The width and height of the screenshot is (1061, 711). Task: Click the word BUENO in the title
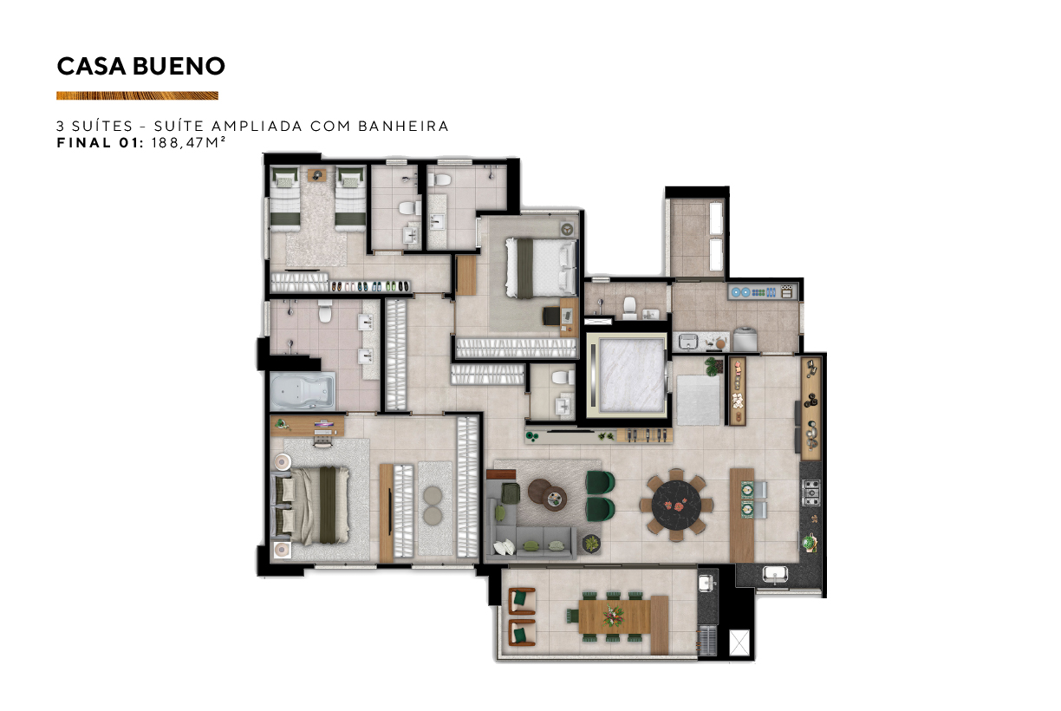click(x=179, y=66)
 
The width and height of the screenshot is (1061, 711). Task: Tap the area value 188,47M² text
click(x=188, y=142)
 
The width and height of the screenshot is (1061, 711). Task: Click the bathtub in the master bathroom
click(x=303, y=392)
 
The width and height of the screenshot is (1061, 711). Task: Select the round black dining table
click(x=676, y=505)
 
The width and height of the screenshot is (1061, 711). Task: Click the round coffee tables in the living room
click(x=548, y=494)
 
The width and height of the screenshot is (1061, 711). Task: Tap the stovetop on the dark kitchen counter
click(x=810, y=493)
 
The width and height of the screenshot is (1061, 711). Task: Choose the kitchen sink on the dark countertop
click(x=775, y=575)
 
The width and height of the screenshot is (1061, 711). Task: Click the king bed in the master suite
click(x=310, y=506)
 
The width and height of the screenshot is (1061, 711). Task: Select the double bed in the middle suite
click(x=541, y=268)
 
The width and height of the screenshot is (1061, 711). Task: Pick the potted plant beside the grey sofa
click(x=591, y=544)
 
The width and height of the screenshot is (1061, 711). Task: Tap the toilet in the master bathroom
click(x=325, y=310)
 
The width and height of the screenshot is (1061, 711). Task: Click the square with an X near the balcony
click(x=739, y=643)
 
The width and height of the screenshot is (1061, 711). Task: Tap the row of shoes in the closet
click(x=369, y=287)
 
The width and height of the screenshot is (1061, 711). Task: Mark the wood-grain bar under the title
click(x=137, y=95)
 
